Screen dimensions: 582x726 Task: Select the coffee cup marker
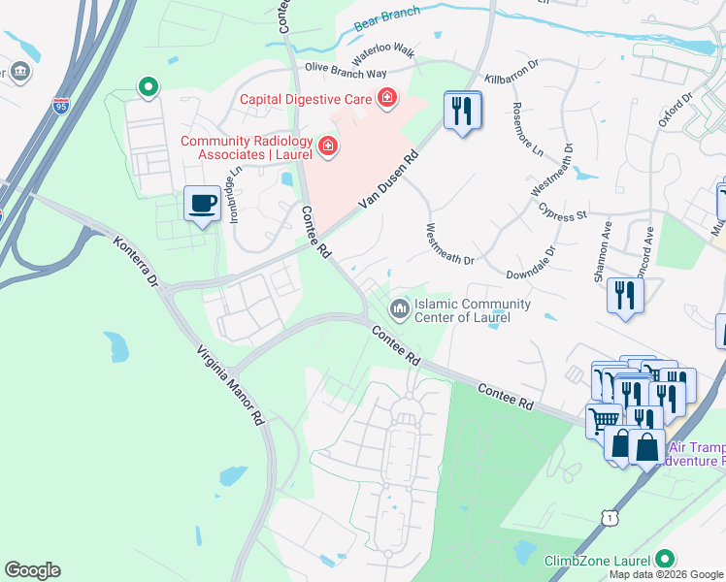point(202,205)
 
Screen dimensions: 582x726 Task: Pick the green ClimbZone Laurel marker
point(665,560)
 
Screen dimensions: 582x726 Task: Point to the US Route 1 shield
point(609,519)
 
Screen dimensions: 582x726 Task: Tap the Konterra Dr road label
point(134,262)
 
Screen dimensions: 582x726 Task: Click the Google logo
point(32,570)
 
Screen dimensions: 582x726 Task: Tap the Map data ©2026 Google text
point(666,574)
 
